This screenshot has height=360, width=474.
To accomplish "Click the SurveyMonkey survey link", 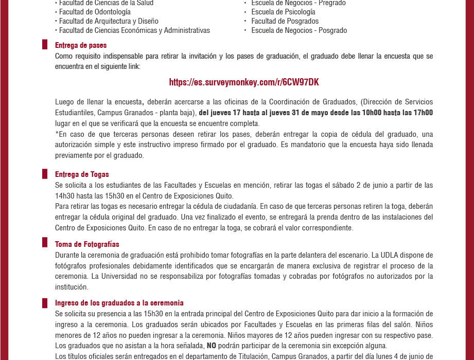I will pyautogui.click(x=244, y=82).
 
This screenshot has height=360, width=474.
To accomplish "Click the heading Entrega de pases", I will pyautogui.click(x=81, y=45).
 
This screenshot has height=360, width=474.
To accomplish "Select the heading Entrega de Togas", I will pyautogui.click(x=82, y=174).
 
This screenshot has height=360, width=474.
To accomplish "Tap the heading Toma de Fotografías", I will pyautogui.click(x=87, y=244).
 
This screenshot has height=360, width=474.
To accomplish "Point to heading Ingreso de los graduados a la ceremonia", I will pyautogui.click(x=119, y=303).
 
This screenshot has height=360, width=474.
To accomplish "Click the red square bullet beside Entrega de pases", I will pyautogui.click(x=45, y=45).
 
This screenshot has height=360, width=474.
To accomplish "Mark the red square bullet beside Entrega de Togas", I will pyautogui.click(x=45, y=174).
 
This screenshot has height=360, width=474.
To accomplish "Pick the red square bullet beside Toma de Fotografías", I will pyautogui.click(x=45, y=243).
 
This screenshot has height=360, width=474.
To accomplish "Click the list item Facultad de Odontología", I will pyautogui.click(x=95, y=12).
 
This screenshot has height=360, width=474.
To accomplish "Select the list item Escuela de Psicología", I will pyautogui.click(x=283, y=12).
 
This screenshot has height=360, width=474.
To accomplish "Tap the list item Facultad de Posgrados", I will pyautogui.click(x=285, y=21).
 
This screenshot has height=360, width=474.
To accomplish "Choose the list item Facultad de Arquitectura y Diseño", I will pyautogui.click(x=109, y=21).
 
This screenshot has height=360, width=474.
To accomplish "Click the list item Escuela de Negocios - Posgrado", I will pyautogui.click(x=299, y=30).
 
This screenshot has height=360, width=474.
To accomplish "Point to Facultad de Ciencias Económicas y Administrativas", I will pyautogui.click(x=134, y=30).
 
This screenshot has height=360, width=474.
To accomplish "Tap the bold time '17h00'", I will pyautogui.click(x=423, y=113).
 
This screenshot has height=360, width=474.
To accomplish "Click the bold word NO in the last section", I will pyautogui.click(x=211, y=346).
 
